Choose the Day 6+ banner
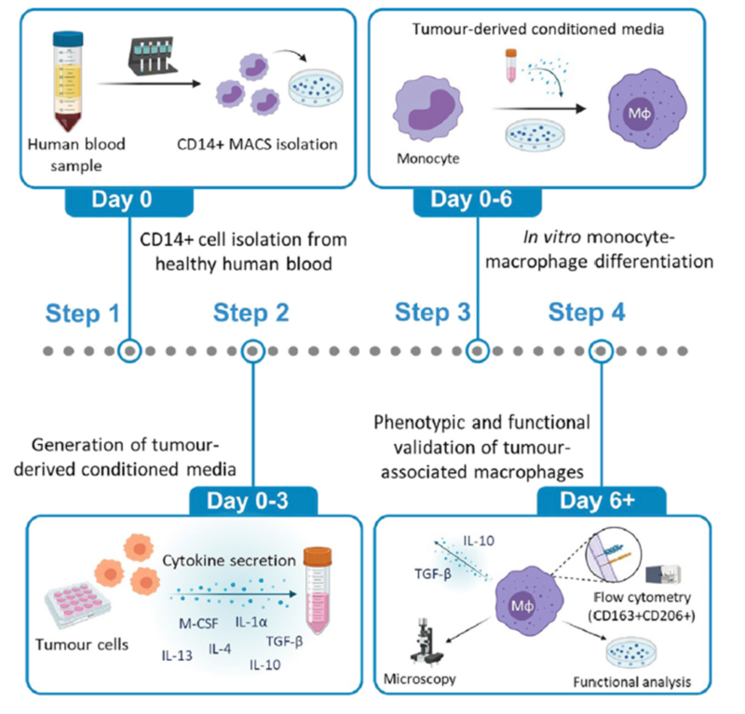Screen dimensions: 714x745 pyautogui.click(x=602, y=502)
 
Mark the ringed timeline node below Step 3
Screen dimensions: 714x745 pyautogui.click(x=478, y=351)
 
